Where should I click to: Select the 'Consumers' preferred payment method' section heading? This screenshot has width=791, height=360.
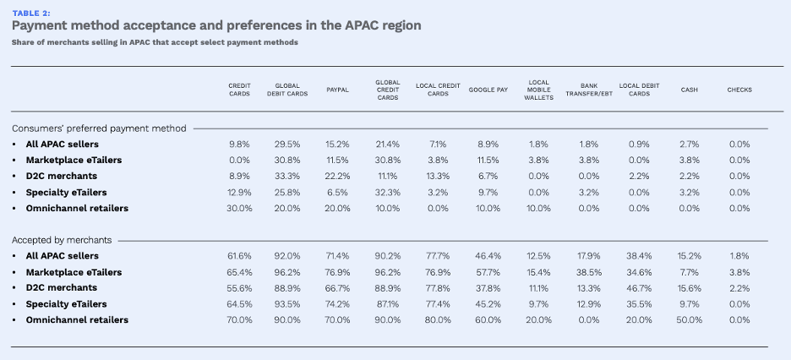tap(99, 128)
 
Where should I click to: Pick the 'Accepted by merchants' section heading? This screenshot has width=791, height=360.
tap(62, 240)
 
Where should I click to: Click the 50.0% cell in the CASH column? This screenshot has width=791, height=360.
tap(690, 320)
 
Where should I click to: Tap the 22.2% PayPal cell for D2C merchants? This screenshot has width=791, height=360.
tap(338, 176)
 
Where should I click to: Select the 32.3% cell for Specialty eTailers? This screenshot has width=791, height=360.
tap(387, 192)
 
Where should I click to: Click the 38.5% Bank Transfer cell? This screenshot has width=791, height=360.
tap(589, 272)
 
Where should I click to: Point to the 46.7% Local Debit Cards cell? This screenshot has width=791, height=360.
tap(640, 288)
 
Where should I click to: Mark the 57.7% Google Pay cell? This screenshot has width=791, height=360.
tap(488, 272)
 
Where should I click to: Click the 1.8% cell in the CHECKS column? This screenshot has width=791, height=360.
tap(739, 256)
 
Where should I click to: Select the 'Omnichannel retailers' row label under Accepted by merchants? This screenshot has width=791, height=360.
tap(77, 320)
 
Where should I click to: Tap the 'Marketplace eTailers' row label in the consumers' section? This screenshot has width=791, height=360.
tap(74, 160)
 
